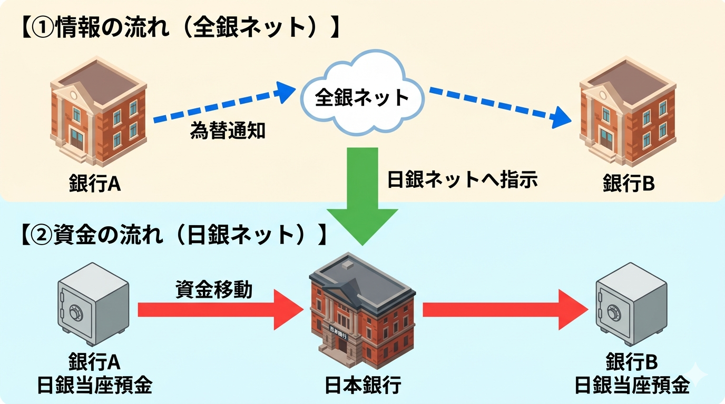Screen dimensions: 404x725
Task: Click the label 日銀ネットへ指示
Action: (462, 180)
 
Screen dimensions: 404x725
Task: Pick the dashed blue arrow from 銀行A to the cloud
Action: (221, 105)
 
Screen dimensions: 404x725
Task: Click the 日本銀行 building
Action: (364, 310)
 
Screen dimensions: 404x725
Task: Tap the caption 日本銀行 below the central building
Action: (363, 386)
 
